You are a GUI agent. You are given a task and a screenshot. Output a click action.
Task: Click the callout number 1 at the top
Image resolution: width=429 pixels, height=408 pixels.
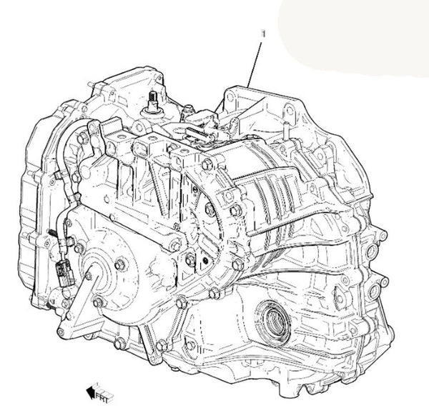264,34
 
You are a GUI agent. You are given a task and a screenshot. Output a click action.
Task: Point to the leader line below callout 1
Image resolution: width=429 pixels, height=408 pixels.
255,64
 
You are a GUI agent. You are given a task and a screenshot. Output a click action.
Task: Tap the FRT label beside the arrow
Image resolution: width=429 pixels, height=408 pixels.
104,395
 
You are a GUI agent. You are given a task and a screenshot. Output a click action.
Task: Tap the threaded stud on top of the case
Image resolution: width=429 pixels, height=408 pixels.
152,101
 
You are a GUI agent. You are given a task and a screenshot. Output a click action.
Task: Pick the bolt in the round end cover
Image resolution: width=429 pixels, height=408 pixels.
120,264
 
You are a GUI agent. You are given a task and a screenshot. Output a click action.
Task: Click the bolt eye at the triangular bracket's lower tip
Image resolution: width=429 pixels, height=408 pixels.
61,332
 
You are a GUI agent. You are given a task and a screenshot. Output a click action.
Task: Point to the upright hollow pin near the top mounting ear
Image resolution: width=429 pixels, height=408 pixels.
285,131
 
